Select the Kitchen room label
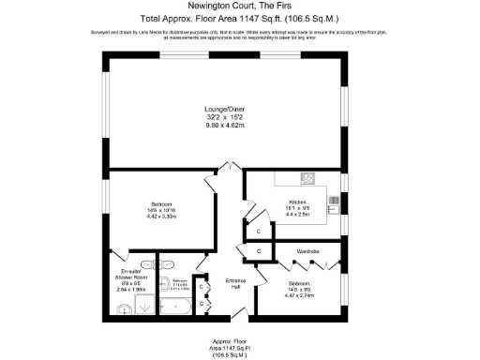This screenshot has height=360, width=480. pos(299,202)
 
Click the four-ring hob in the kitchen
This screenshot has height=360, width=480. pos(307,178)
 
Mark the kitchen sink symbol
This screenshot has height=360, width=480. pos(334,200)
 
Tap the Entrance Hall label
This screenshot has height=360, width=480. pos(236,283)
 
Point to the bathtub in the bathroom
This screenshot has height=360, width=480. pos(175,306)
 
